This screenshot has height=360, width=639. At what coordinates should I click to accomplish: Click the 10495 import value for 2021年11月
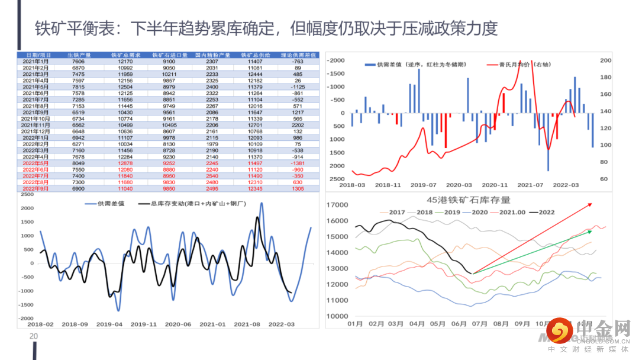(169, 126)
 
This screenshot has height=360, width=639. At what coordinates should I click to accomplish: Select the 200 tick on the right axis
(605, 60)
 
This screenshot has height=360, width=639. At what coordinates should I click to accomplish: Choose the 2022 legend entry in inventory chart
(543, 212)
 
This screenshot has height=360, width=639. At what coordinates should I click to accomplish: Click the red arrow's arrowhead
(590, 204)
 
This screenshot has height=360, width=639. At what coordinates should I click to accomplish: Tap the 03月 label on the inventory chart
(396, 324)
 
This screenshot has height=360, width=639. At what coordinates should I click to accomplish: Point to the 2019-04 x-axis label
(109, 324)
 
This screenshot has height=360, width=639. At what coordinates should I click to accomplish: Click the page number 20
(34, 337)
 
